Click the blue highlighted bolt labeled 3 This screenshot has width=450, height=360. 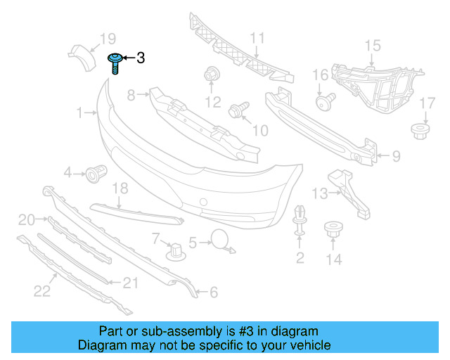pyautogui.click(x=114, y=63)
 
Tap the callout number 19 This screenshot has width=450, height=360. pyautogui.click(x=107, y=39)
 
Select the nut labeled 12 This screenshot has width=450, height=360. pyautogui.click(x=211, y=74)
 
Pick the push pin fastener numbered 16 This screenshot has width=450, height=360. pyautogui.click(x=324, y=103)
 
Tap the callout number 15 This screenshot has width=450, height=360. pyautogui.click(x=371, y=46)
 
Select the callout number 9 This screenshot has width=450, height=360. pyautogui.click(x=395, y=155)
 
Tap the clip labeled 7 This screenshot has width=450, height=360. pyautogui.click(x=172, y=251)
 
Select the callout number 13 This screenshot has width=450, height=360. pyautogui.click(x=320, y=193)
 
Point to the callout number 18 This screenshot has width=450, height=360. pyautogui.click(x=120, y=188)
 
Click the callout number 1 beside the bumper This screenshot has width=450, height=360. pyautogui.click(x=82, y=111)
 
